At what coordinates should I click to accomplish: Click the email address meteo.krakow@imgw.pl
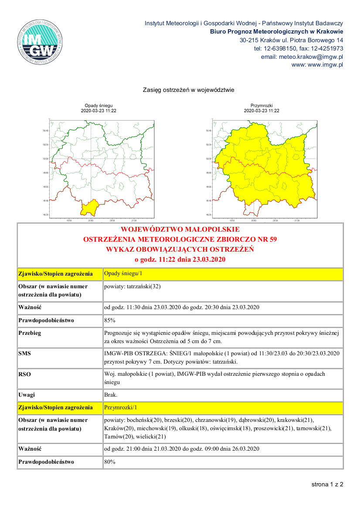coord(302,57)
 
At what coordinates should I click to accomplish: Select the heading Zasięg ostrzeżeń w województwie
coord(189,90)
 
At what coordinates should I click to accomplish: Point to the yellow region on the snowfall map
coord(90,208)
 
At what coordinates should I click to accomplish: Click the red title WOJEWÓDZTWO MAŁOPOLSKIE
coord(180,229)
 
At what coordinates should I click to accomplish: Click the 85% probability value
coord(109,320)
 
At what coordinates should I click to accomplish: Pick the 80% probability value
coord(109,462)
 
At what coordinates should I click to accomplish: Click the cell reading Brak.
coord(111,395)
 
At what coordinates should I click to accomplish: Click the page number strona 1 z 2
coord(327,484)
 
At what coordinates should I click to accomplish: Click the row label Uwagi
coord(27,395)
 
